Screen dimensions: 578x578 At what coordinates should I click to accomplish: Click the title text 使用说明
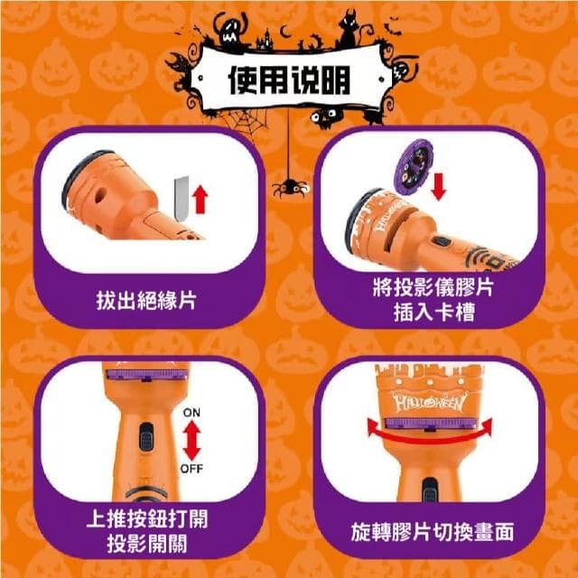point(289,80)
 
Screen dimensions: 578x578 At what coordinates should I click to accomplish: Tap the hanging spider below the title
point(291,187)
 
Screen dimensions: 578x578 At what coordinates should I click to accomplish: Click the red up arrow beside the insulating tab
point(200,200)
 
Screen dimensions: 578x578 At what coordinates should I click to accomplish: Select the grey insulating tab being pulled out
point(182,199)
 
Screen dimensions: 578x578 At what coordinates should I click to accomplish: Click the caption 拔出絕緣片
point(146,301)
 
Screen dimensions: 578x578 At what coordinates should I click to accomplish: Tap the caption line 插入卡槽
point(433,312)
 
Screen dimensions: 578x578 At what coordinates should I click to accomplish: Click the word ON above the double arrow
point(191,413)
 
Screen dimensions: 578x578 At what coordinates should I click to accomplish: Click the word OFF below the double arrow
point(191,469)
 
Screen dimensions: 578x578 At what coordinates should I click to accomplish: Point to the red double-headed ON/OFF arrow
point(191,441)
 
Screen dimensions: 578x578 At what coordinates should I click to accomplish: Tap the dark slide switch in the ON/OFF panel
point(146,437)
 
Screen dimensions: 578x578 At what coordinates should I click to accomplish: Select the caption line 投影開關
point(147,543)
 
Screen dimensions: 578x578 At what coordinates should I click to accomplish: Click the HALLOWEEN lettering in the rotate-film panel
point(429,402)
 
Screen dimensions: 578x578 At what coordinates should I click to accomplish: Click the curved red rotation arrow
point(430,434)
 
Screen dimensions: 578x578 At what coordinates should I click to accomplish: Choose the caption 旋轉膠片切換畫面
point(433,532)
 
